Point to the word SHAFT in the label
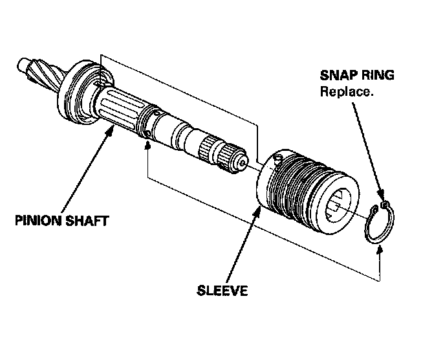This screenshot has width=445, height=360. point(86,220)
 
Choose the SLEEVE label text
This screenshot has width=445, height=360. point(222,290)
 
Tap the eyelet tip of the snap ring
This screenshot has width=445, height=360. point(385,207)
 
